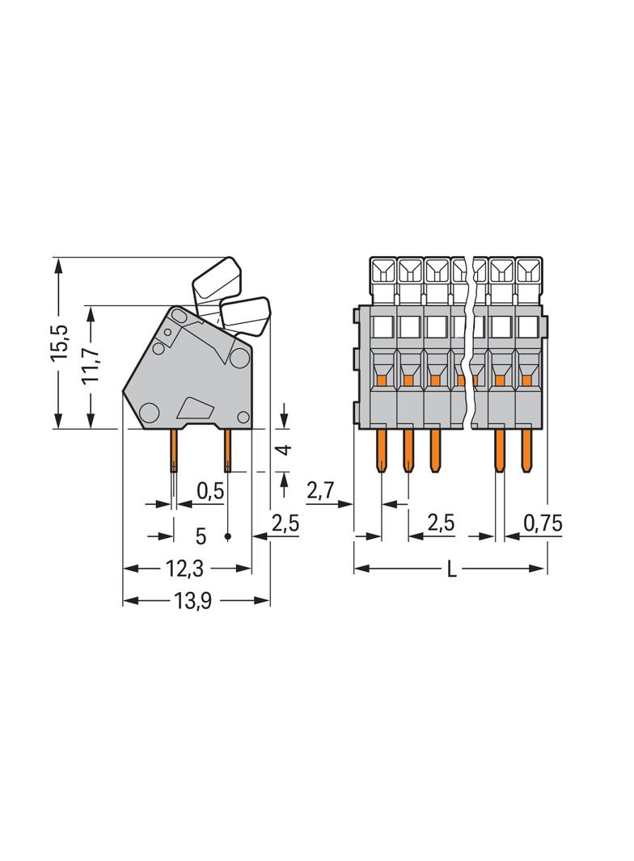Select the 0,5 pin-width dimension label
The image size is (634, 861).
(209, 492)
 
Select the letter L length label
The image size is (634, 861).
(452, 569)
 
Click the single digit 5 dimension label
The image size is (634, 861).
(201, 535)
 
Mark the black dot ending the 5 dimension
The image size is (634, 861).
(228, 536)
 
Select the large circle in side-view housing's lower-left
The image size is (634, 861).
(149, 413)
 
